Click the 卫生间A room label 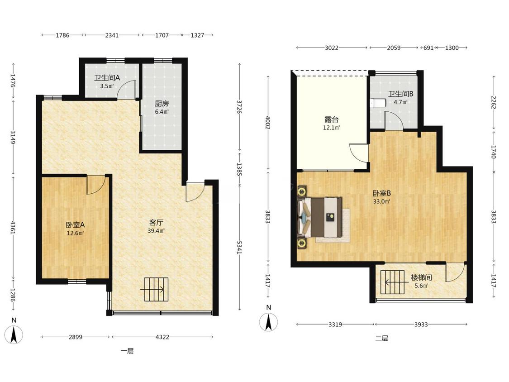[x=107, y=78]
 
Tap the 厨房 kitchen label [x=162, y=104]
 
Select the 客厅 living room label [x=156, y=223]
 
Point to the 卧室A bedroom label [x=75, y=225]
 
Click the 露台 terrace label [x=331, y=119]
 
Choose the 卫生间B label [x=400, y=94]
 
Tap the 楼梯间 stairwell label [x=421, y=278]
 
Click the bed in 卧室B [x=320, y=217]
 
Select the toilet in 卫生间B [x=377, y=103]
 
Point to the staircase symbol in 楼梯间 [x=392, y=282]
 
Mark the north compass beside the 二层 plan [x=268, y=322]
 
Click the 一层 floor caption [x=127, y=351]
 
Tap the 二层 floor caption [x=382, y=338]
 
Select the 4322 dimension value [x=162, y=337]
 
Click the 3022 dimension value [x=332, y=48]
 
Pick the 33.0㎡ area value [x=381, y=201]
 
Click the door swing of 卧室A [x=96, y=185]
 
